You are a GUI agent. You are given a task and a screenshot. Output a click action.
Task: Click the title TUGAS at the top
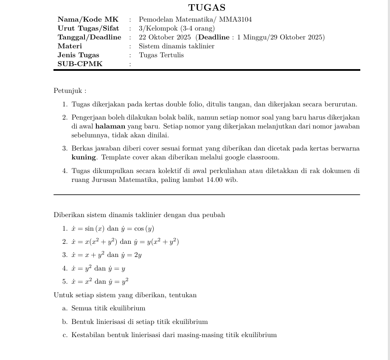point(207,8)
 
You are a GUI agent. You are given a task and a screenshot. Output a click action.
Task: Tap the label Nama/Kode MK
point(88,20)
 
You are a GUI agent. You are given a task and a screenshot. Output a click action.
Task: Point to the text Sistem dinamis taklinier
point(177,46)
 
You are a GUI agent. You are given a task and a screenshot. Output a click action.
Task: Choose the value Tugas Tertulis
point(161,55)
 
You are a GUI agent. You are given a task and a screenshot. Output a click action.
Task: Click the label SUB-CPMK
point(80,64)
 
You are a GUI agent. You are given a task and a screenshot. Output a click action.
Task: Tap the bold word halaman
point(110,126)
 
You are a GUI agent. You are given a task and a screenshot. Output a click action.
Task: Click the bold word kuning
point(84,158)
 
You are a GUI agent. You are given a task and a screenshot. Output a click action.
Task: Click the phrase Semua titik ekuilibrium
point(108,308)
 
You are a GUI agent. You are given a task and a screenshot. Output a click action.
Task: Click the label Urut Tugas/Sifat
point(88,28)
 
